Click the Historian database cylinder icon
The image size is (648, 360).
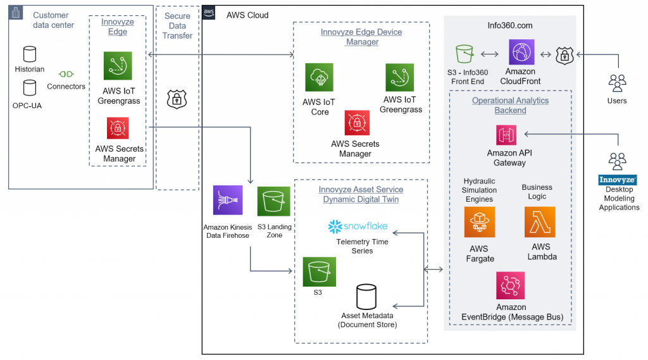29,54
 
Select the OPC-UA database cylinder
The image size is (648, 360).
29,87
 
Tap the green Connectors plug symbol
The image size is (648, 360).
66,74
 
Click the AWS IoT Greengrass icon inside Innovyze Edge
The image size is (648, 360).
118,66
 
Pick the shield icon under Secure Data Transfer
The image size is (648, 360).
177,99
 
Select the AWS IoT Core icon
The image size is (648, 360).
319,77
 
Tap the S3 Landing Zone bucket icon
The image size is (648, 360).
273,201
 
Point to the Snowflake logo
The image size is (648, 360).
358,227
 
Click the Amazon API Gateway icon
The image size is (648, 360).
506,135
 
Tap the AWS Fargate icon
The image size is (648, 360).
479,222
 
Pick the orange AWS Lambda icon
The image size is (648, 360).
540,222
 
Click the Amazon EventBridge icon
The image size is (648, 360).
511,285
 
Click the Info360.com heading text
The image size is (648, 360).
509,26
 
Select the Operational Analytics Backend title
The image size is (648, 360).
510,105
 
